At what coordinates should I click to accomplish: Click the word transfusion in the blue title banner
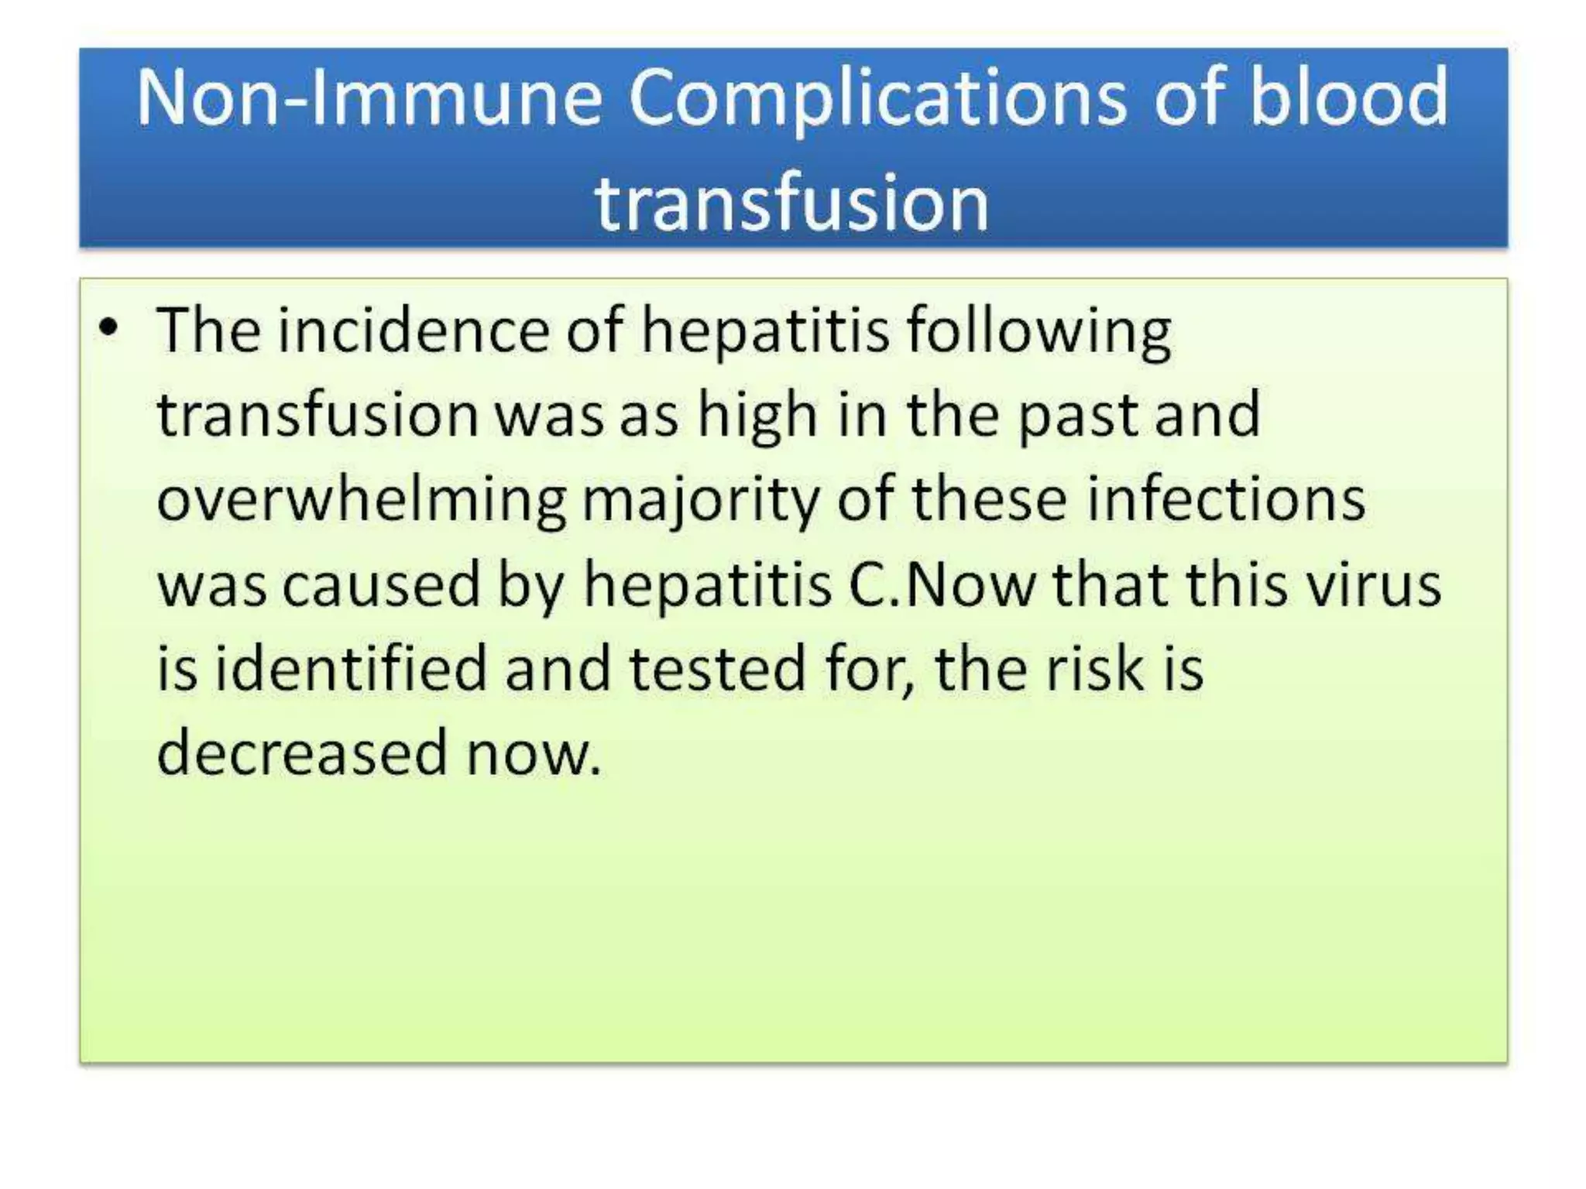click(791, 203)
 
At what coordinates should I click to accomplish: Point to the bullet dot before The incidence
click(109, 327)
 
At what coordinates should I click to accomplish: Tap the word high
click(757, 416)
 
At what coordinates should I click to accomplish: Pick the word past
click(1076, 416)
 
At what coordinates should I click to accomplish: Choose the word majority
click(700, 500)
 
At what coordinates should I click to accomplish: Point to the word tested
click(717, 668)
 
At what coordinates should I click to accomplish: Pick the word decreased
click(302, 752)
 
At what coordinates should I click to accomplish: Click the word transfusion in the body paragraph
click(318, 416)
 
